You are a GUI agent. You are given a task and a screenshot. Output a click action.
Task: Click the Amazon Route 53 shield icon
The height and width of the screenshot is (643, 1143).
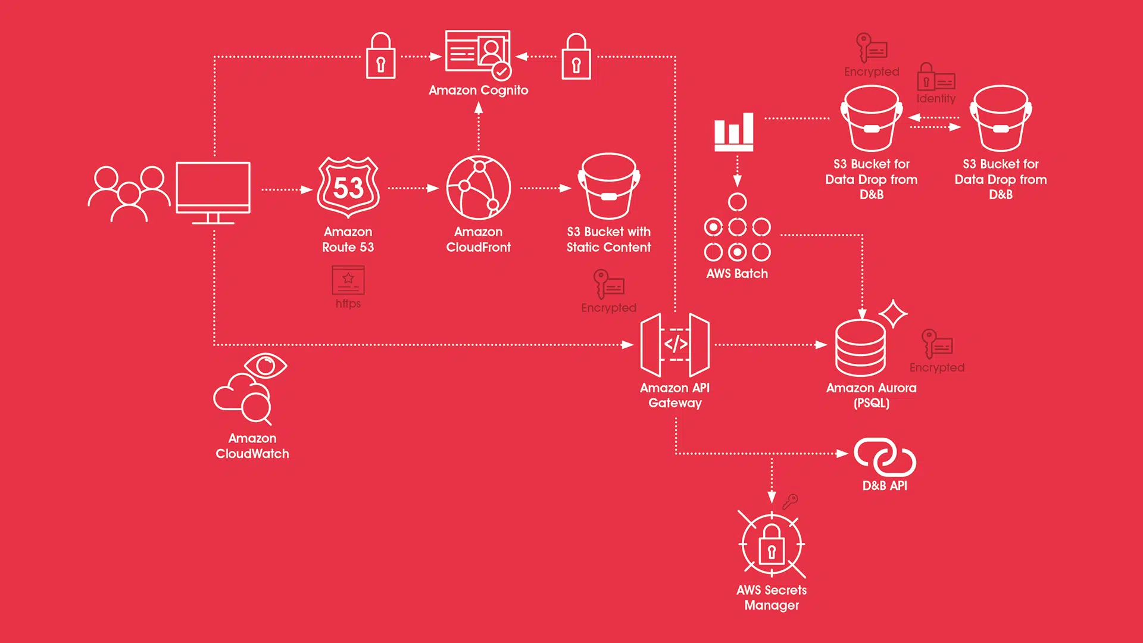[x=348, y=187]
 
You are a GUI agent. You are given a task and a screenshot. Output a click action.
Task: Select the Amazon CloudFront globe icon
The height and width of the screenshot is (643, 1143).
[x=479, y=188]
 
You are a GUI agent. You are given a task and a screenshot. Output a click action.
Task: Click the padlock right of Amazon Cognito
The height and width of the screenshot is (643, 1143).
[x=576, y=56]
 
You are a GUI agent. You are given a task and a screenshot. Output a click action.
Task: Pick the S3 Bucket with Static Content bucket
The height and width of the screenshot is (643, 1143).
[x=609, y=186]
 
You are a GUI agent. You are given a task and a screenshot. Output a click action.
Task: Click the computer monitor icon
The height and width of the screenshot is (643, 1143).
[x=213, y=192]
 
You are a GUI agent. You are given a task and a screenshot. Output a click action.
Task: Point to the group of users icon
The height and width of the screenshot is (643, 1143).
[x=129, y=194]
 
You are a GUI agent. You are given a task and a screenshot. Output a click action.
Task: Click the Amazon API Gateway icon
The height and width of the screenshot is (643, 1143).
[x=675, y=345]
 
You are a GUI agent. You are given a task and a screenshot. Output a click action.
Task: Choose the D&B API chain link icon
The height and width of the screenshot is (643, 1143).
[x=885, y=457]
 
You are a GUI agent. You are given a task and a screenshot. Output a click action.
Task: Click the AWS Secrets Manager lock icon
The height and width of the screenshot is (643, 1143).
[x=772, y=544]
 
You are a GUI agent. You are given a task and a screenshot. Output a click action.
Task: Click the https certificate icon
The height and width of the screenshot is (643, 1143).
[x=348, y=280]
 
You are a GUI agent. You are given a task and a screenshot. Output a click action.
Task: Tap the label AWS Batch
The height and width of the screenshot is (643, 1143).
[x=737, y=274]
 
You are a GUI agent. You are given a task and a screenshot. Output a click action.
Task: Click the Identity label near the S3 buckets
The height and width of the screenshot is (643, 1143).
[x=936, y=98]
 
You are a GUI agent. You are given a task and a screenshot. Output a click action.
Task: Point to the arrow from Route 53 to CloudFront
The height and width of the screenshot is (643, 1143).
[x=413, y=188]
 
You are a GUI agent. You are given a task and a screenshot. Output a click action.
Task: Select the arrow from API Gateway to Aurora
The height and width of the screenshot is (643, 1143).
[x=771, y=345]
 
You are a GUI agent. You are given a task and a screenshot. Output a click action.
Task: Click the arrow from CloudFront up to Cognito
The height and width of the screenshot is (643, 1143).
[x=479, y=126]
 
